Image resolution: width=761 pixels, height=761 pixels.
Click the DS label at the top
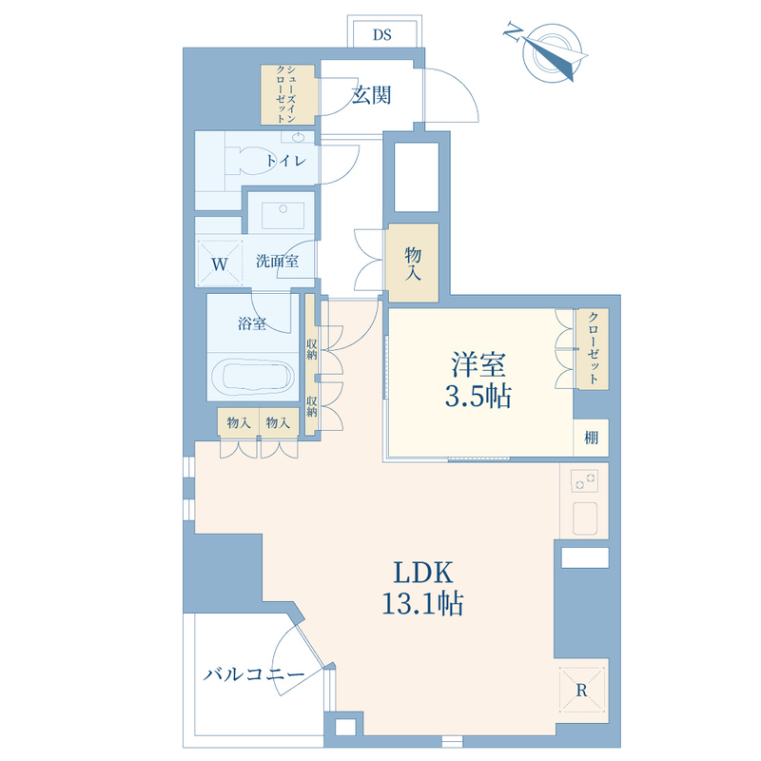tap(382, 35)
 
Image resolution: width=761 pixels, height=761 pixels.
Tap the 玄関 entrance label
tap(371, 95)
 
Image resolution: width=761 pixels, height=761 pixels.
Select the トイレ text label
tap(286, 161)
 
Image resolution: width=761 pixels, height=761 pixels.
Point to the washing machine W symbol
tap(220, 264)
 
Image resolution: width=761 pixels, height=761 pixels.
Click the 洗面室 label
tap(277, 261)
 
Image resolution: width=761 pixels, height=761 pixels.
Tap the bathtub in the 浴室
tap(252, 375)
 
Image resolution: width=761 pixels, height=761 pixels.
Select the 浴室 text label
tap(252, 322)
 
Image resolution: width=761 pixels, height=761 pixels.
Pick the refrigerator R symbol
tap(581, 690)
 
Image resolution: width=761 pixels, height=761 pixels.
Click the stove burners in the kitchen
tap(584, 480)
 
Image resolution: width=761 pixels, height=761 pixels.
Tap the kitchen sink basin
tap(585, 517)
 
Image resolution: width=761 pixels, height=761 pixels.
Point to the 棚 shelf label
tap(591, 438)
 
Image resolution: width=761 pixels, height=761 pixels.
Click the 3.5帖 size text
tap(478, 397)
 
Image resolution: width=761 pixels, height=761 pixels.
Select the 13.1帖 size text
tap(422, 604)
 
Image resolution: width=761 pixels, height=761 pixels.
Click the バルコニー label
tap(254, 673)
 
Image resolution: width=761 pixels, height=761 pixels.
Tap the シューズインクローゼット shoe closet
tap(289, 94)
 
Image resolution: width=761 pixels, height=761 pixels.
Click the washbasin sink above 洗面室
tap(283, 215)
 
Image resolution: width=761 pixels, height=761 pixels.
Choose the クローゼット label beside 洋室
tap(593, 348)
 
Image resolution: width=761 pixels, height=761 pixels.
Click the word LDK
tap(422, 573)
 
